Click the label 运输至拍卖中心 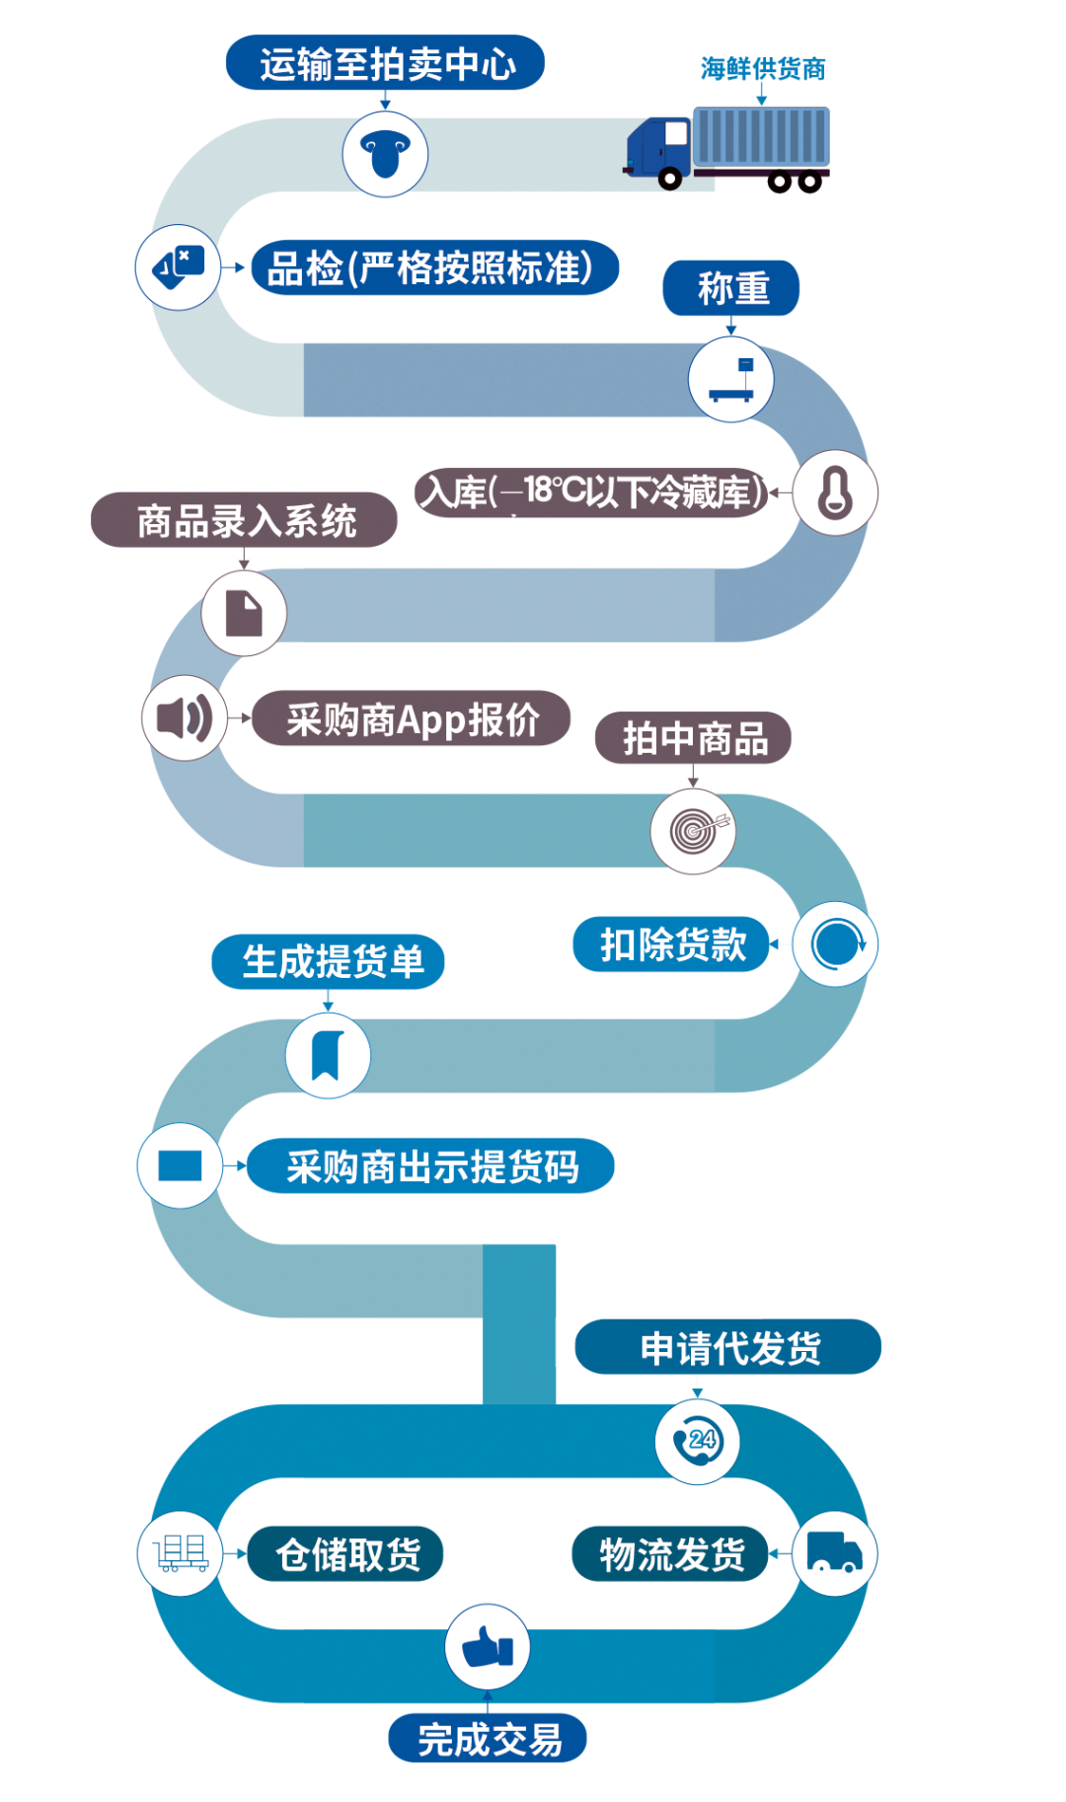point(385,63)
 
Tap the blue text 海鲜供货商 point(763,69)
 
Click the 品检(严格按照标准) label point(434,267)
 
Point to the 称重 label point(731,288)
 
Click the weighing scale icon point(731,380)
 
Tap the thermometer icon point(835,492)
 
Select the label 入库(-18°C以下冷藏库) point(591,491)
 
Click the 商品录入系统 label point(244,520)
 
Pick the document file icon point(244,613)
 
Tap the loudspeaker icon point(185,717)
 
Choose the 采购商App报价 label point(412,718)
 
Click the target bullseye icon point(695,831)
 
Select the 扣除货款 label point(671,944)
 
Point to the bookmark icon point(328,1056)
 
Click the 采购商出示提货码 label point(430,1166)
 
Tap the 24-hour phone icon point(698,1442)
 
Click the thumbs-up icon point(489,1646)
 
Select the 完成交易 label point(488,1738)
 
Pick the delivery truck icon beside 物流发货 point(835,1552)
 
